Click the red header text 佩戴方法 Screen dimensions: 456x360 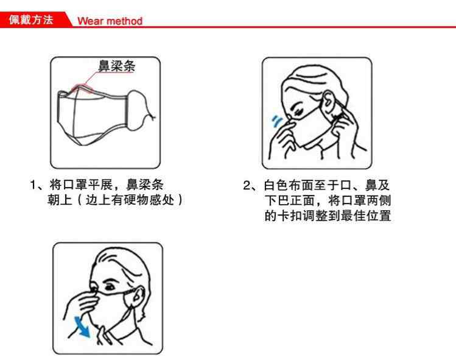31,19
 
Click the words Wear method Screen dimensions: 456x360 110,21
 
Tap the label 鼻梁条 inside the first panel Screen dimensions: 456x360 117,66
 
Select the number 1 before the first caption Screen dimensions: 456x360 33,185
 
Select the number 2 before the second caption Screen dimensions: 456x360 247,185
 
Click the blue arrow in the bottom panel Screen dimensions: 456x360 82,327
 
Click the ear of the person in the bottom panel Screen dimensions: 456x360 138,296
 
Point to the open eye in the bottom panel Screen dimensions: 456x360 110,287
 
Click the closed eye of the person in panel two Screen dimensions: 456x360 299,111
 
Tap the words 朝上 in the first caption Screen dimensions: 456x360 60,200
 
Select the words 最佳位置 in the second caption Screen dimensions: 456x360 366,216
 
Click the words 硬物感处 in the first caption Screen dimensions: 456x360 149,200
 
